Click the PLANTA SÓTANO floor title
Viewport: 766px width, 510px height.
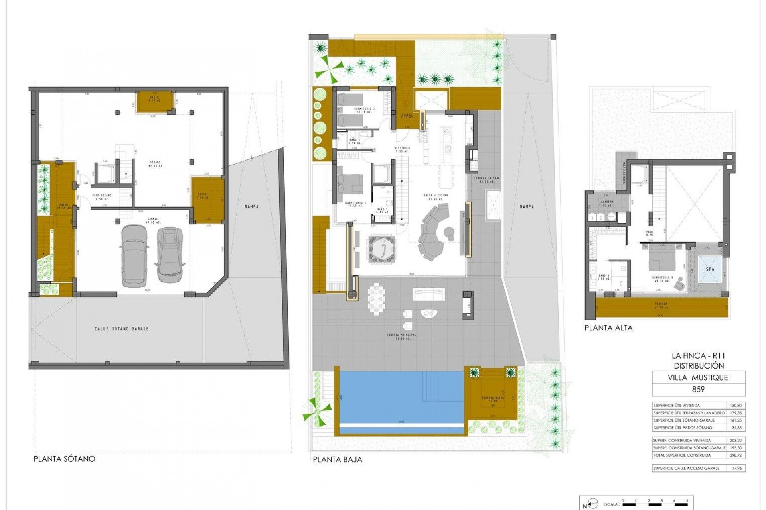[x=64, y=459]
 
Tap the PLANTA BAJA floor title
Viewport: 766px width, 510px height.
[x=338, y=459]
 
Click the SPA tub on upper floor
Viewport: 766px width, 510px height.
[x=710, y=269]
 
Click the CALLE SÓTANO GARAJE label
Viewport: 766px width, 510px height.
[x=121, y=329]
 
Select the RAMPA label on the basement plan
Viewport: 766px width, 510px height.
[x=252, y=207]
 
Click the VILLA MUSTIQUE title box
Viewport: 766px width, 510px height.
[x=698, y=377]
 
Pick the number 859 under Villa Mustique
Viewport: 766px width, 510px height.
[x=698, y=389]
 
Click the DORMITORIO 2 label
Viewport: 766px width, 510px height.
[x=365, y=108]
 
